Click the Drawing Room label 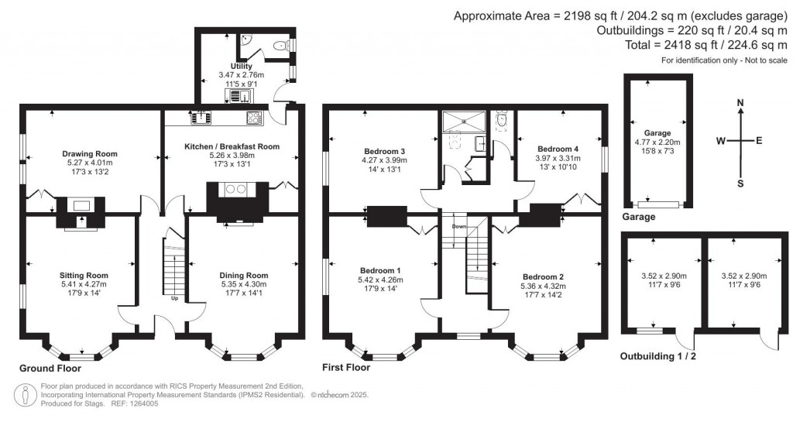pos(90,153)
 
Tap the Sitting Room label pos(84,276)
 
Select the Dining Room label pos(244,276)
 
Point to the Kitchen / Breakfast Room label pos(232,146)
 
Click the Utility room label pos(242,67)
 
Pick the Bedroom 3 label pos(384,151)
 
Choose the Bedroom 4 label pos(558,149)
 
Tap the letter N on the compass pos(740,104)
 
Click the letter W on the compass pos(721,141)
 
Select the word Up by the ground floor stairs pos(174,298)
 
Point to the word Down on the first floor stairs pos(458,226)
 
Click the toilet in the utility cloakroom pos(279,46)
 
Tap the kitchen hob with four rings pos(254,118)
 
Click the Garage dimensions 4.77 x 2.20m pos(657,142)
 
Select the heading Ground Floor pos(50,369)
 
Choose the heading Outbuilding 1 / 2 pos(658,356)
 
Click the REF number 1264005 pos(145,404)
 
